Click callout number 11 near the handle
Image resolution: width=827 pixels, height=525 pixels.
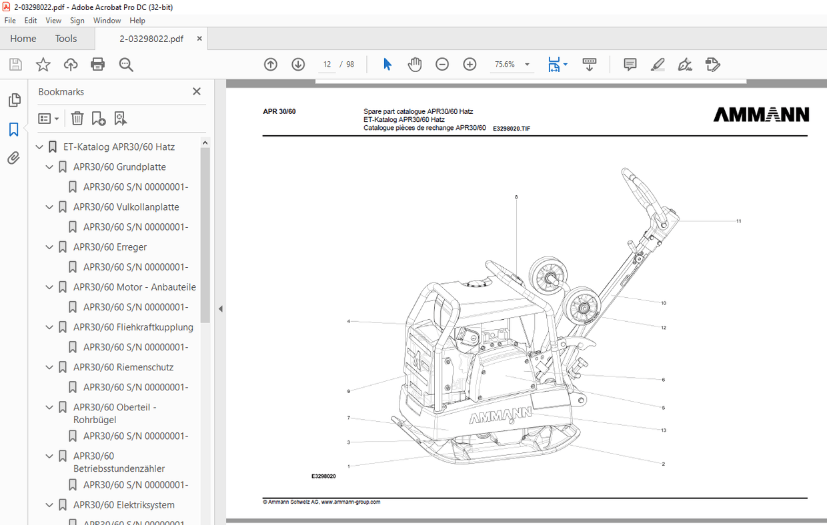pyautogui.click(x=738, y=221)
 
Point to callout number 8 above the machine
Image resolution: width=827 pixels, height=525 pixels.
pyautogui.click(x=516, y=197)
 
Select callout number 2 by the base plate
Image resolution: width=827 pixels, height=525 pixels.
pyautogui.click(x=663, y=464)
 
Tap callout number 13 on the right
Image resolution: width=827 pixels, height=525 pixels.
pyautogui.click(x=664, y=430)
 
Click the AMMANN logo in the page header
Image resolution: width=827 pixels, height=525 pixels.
pyautogui.click(x=761, y=115)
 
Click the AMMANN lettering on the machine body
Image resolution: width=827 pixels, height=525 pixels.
pyautogui.click(x=500, y=416)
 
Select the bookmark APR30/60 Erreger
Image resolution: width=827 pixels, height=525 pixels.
pyautogui.click(x=110, y=247)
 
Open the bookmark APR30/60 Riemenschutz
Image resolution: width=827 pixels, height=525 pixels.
pyautogui.click(x=123, y=367)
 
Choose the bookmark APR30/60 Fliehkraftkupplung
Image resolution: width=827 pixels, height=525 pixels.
pyautogui.click(x=133, y=327)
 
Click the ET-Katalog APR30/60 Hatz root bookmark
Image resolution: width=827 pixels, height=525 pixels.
pyautogui.click(x=119, y=147)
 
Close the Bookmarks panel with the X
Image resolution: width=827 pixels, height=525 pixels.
pyautogui.click(x=197, y=91)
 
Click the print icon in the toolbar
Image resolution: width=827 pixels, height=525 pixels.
pyautogui.click(x=98, y=65)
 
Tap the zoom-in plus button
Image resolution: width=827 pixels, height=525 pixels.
pyautogui.click(x=470, y=65)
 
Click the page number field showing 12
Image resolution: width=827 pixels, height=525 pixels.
pyautogui.click(x=327, y=65)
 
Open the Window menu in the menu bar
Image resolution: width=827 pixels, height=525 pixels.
pyautogui.click(x=107, y=21)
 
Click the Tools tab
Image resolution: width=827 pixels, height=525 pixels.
pyautogui.click(x=66, y=39)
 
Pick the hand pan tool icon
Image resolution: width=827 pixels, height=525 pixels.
pyautogui.click(x=415, y=65)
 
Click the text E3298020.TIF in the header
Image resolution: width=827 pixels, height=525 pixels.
pyautogui.click(x=512, y=129)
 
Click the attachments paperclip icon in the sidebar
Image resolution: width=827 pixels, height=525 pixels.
pyautogui.click(x=13, y=158)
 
